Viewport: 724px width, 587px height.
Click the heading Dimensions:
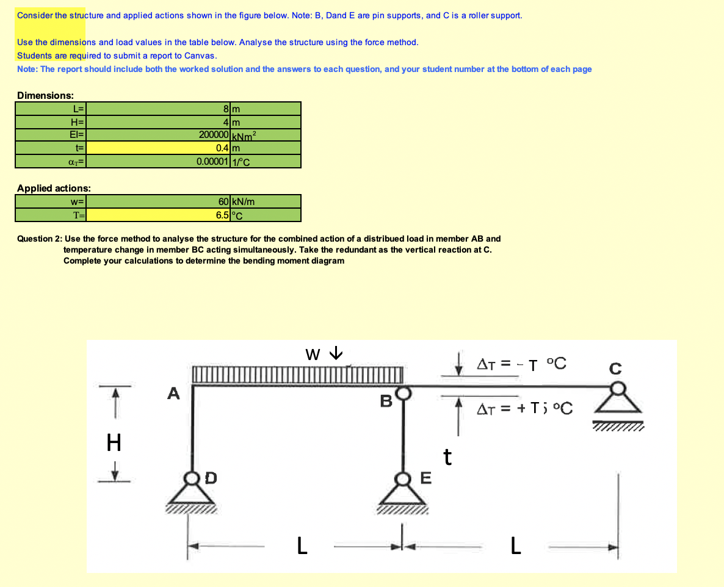[46, 96]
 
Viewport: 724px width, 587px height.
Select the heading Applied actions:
[54, 189]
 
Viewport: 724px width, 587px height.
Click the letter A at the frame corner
[174, 394]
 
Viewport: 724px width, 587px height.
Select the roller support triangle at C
[618, 405]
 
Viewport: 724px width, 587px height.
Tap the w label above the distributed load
[313, 354]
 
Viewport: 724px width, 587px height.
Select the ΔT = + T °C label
[524, 408]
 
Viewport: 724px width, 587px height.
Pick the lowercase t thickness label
[447, 456]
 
